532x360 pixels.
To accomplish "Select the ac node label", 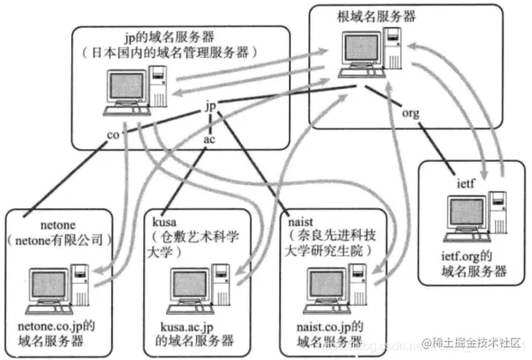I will point(209,140).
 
